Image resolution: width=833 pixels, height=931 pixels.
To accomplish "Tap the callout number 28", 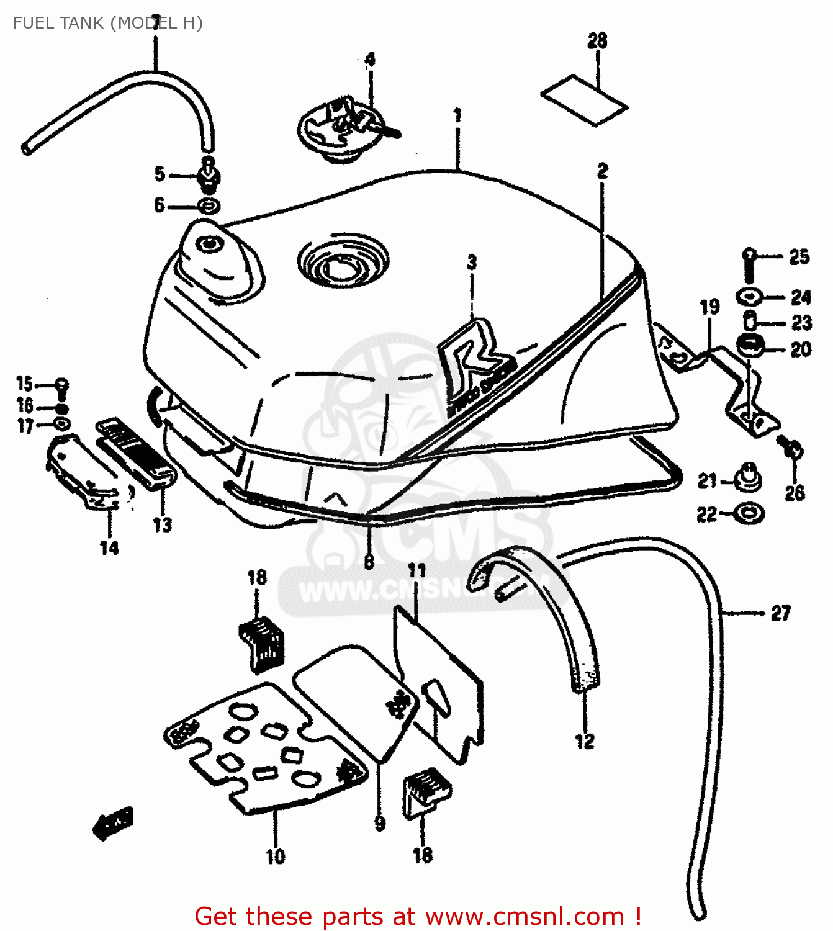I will click(597, 41).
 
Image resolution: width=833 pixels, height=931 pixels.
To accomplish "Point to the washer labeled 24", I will click(750, 297).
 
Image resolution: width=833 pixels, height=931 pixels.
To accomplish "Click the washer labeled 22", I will click(749, 513).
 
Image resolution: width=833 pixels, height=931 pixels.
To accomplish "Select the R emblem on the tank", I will click(475, 366).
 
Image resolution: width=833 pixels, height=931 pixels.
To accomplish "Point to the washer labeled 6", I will click(209, 205).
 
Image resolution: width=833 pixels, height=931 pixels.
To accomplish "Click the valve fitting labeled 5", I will click(209, 175).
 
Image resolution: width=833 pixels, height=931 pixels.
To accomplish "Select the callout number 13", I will click(163, 525).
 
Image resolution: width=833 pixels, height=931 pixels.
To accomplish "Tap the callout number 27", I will click(781, 613).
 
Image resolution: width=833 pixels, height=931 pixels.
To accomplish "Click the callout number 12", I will click(585, 741).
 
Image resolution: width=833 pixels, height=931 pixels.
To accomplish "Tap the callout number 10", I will click(276, 857).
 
